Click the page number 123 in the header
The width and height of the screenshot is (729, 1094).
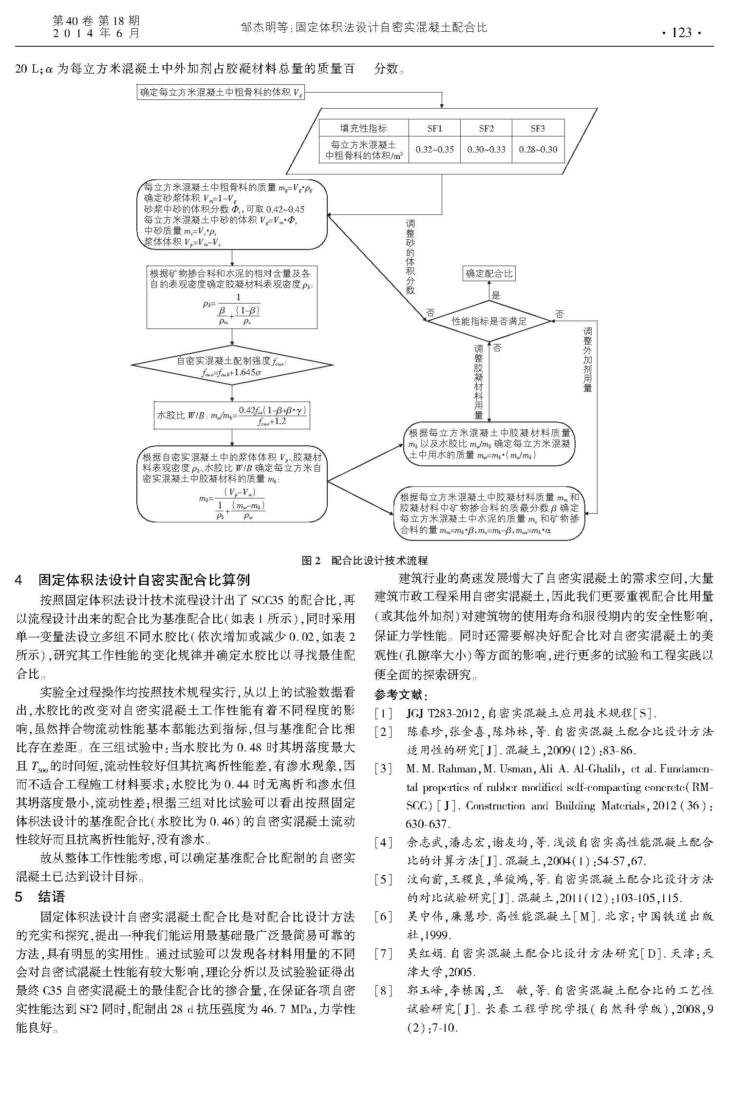click(x=681, y=33)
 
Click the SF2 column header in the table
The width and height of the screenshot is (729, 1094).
click(x=486, y=128)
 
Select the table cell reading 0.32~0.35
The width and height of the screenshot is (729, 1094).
click(x=434, y=150)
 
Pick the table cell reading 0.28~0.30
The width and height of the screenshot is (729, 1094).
click(x=538, y=150)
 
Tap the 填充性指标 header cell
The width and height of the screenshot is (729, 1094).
click(x=363, y=128)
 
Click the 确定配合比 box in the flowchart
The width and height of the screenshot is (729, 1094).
click(x=489, y=273)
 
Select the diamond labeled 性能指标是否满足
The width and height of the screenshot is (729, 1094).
click(x=489, y=321)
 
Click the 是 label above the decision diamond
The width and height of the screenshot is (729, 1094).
click(x=496, y=295)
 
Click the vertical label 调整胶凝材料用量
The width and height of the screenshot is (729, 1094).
click(x=479, y=382)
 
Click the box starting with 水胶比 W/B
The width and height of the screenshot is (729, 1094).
click(x=232, y=416)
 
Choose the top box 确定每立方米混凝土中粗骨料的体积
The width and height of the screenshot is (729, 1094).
click(x=222, y=92)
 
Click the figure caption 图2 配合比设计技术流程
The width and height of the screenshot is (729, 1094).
click(x=364, y=561)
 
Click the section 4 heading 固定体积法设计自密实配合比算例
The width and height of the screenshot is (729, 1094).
click(x=144, y=580)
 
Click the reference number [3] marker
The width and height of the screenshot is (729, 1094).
click(x=383, y=768)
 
